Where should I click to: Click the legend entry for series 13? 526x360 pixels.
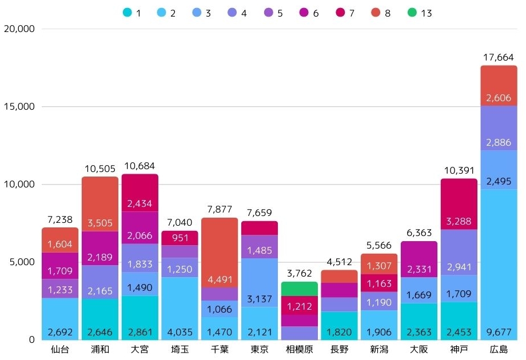418,13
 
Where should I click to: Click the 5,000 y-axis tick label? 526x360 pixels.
21,262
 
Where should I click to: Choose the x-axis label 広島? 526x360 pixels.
499,350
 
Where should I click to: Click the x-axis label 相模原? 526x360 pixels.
299,350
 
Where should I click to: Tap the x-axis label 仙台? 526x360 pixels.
60,350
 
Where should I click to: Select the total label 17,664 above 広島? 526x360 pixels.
499,58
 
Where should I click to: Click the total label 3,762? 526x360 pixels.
299,274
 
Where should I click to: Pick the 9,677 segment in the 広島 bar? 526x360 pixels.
499,264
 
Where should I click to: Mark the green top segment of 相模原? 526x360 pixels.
299,289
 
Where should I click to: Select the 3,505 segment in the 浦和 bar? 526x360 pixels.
100,204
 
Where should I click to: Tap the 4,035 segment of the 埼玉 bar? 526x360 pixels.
180,309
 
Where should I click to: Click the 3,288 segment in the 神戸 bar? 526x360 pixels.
459,204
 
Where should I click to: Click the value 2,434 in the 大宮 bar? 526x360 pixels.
140,193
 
